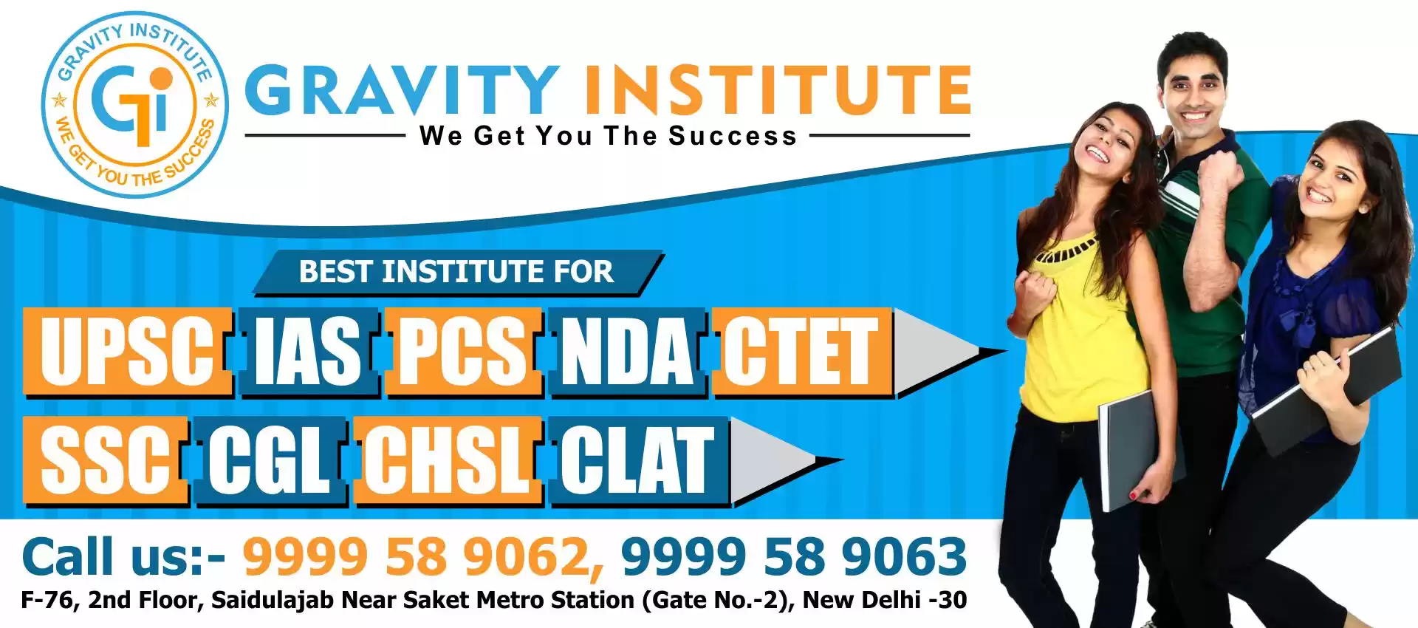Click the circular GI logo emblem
click(134, 104)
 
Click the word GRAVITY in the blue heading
click(403, 90)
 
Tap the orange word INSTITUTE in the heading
click(778, 90)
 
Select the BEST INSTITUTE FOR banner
click(458, 273)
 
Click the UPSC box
click(128, 352)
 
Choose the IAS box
click(309, 352)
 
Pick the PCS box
click(463, 352)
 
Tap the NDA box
click(628, 352)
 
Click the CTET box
click(802, 352)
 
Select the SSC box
click(105, 461)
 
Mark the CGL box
click(270, 461)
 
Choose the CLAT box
click(640, 461)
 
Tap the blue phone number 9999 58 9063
click(794, 556)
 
